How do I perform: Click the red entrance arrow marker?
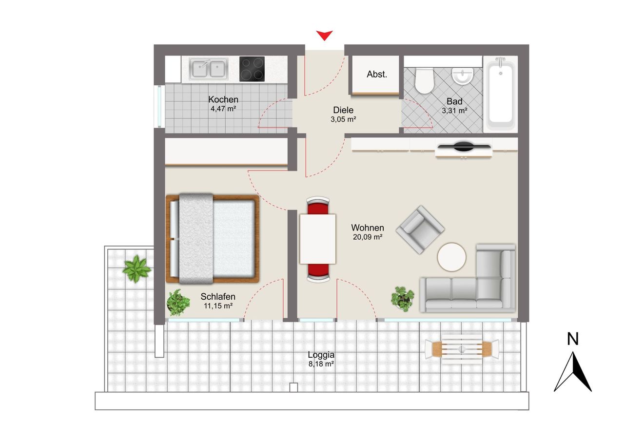tap(324, 35)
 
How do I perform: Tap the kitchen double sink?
tap(208, 69)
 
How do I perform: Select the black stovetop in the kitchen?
tap(252, 69)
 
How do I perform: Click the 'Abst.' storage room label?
tap(377, 75)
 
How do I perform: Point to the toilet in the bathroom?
tap(424, 81)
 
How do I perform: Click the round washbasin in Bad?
tap(463, 76)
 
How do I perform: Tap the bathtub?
tap(501, 94)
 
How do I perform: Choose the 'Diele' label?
tap(343, 110)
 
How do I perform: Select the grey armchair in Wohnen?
tap(420, 230)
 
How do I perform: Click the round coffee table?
tap(451, 257)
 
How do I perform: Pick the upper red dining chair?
tap(318, 206)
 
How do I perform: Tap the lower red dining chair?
tap(318, 273)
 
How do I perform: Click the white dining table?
tap(318, 239)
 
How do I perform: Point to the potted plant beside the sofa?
tap(403, 299)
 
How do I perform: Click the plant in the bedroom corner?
tap(178, 303)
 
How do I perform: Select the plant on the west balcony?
tap(136, 268)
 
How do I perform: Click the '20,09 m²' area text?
tap(368, 237)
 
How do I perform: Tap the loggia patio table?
tap(462, 349)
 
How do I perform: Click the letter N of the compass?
tap(573, 339)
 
